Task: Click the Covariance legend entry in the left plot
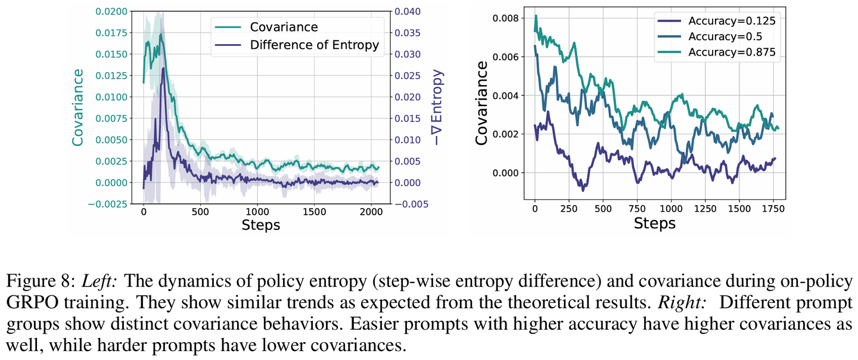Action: (284, 27)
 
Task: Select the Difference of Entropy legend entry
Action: (314, 45)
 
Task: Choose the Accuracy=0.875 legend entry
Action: (732, 52)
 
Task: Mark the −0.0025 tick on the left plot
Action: (107, 204)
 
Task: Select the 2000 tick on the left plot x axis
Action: (371, 212)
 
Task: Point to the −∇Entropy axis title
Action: (438, 107)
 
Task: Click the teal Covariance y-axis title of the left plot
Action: (77, 107)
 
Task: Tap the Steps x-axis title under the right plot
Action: (654, 224)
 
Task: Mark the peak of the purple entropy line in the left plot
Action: (163, 69)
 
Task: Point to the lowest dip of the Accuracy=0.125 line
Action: (583, 189)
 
